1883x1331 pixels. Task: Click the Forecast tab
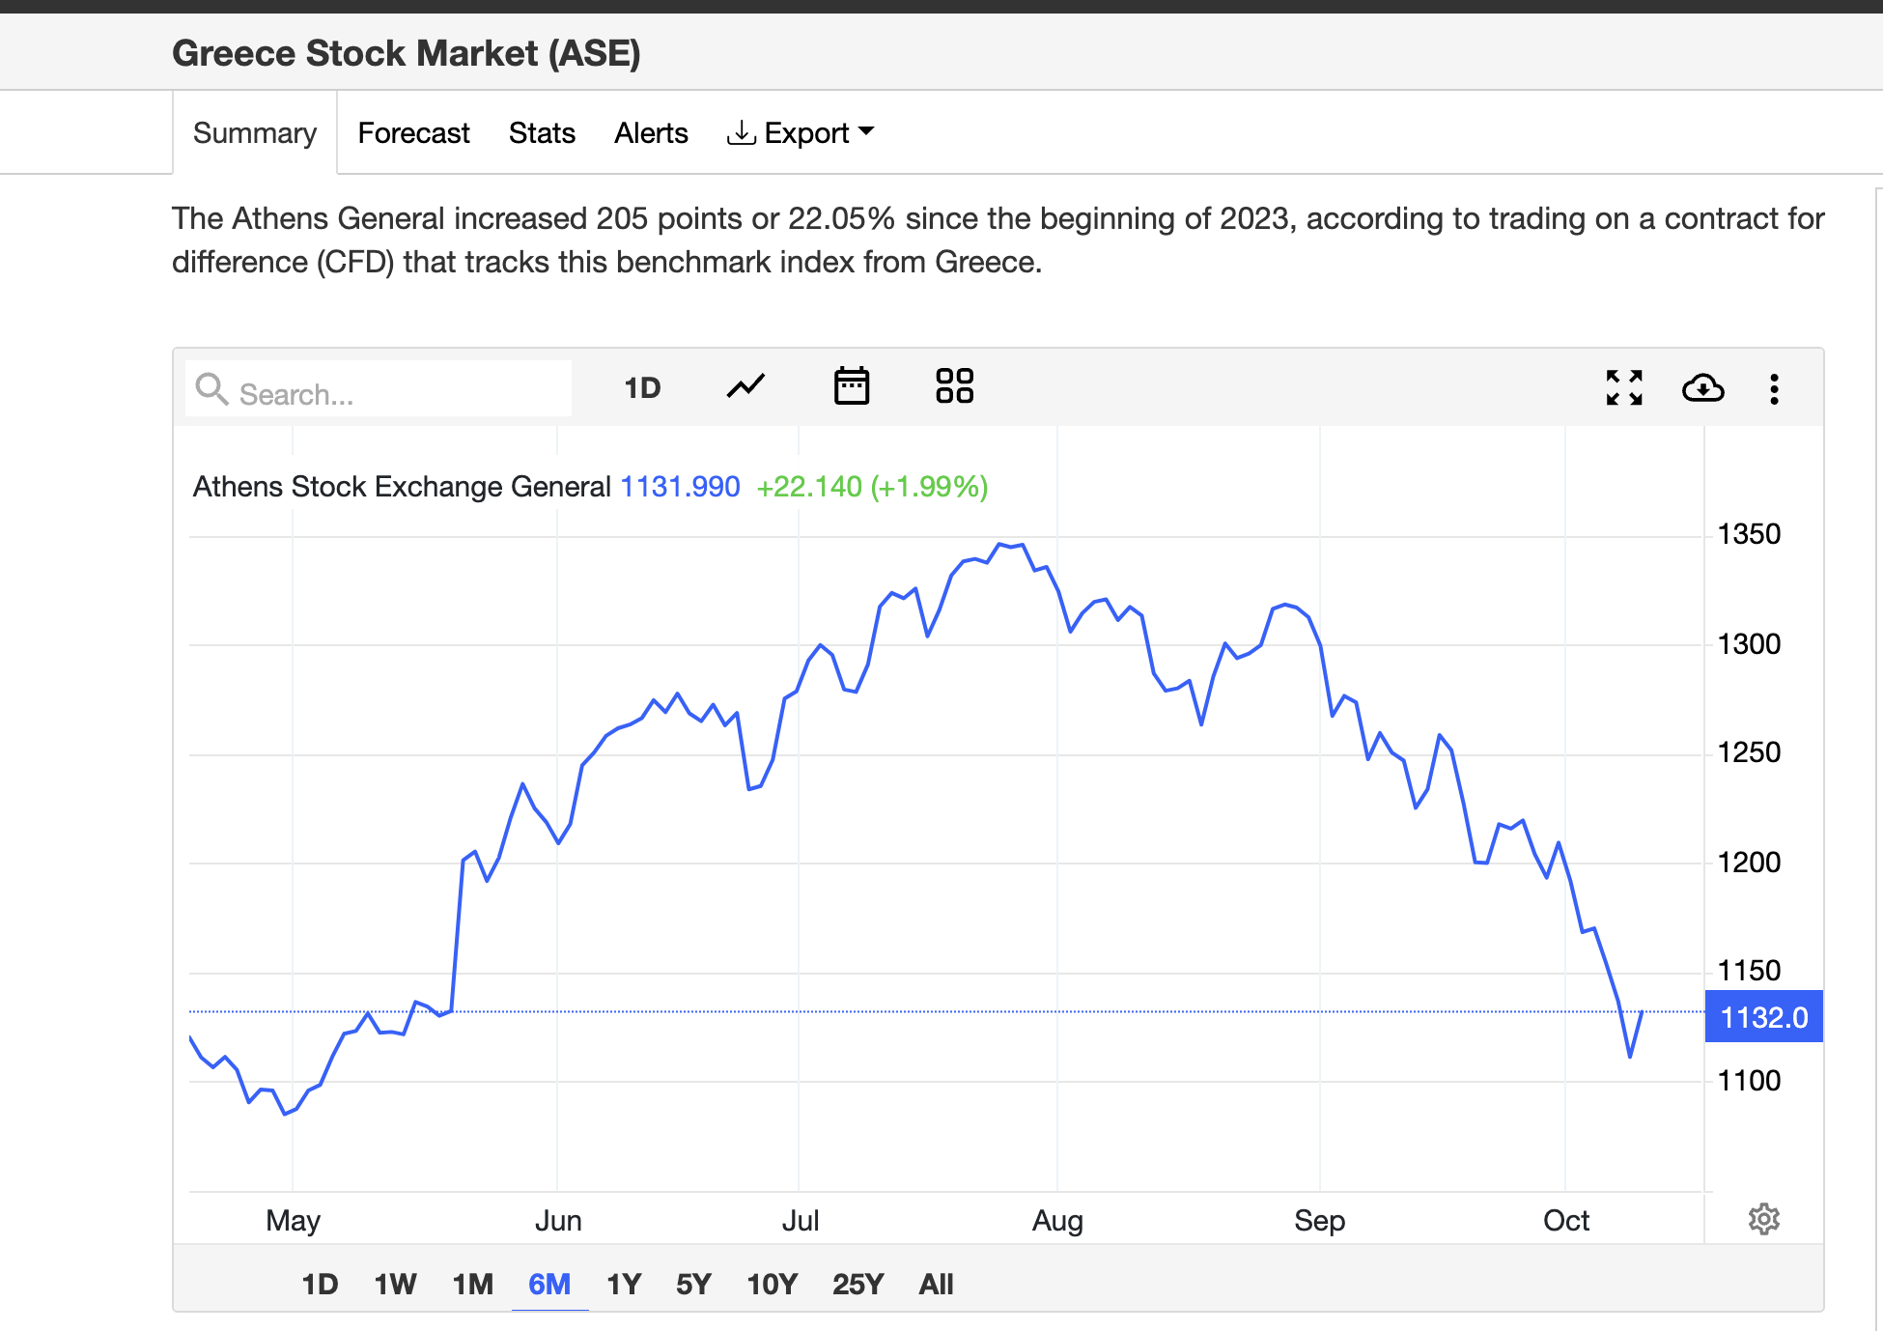click(413, 133)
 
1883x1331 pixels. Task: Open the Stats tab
click(542, 133)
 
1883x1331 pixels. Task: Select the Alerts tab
click(651, 133)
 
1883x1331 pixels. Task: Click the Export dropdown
click(801, 133)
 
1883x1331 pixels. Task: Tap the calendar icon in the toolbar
click(851, 386)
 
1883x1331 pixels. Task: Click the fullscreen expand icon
click(1624, 387)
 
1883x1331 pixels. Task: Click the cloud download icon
click(1702, 387)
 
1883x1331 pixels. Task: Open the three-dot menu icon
click(1774, 388)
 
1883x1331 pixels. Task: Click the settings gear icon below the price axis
click(1763, 1219)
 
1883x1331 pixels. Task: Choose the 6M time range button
click(549, 1284)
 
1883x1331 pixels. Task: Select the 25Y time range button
click(857, 1284)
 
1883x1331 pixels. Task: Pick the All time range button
click(936, 1284)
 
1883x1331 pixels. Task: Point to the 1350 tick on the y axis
click(1748, 534)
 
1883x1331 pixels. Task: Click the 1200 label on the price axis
click(1748, 862)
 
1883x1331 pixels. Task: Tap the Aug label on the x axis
click(1057, 1221)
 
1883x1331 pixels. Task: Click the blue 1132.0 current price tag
click(1763, 1017)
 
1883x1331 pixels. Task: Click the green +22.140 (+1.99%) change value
click(872, 487)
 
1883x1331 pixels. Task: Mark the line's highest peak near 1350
click(1001, 545)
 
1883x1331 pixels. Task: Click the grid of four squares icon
click(954, 386)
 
